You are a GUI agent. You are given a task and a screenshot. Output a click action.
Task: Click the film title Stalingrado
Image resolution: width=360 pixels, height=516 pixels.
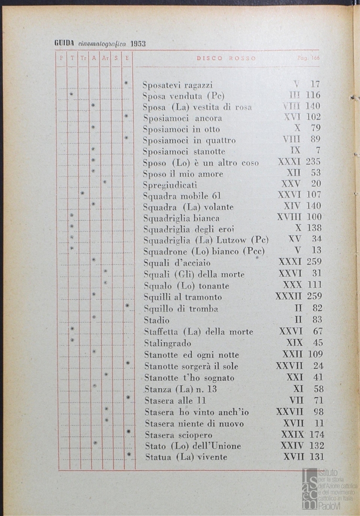coord(167,343)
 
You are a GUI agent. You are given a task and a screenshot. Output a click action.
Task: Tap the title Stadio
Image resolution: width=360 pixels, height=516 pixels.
coord(157,320)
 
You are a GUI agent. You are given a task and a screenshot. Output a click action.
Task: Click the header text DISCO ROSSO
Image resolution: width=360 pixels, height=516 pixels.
coord(226,58)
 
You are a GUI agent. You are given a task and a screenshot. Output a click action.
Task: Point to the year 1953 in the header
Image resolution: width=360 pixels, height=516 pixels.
coord(138,44)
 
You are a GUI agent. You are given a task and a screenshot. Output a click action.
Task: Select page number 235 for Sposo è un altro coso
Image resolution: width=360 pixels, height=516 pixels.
coord(313,162)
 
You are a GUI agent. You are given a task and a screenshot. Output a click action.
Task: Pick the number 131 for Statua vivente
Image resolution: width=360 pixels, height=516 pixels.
coord(316,457)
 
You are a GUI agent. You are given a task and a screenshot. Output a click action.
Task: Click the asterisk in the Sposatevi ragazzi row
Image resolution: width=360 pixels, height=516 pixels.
coord(127,83)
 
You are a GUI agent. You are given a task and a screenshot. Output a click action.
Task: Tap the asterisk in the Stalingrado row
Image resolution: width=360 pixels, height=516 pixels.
coord(72,340)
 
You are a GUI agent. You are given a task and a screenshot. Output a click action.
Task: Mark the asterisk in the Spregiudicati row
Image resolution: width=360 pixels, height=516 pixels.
coord(105,182)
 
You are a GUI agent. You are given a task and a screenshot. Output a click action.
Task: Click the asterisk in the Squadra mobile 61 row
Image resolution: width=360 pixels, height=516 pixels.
coord(83,193)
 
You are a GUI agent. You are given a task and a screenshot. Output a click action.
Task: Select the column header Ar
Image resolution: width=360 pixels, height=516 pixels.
coord(105,58)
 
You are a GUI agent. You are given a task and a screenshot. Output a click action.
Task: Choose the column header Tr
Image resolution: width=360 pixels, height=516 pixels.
coord(83,58)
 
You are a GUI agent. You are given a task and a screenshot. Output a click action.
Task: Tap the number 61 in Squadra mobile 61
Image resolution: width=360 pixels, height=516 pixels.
coord(216,196)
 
